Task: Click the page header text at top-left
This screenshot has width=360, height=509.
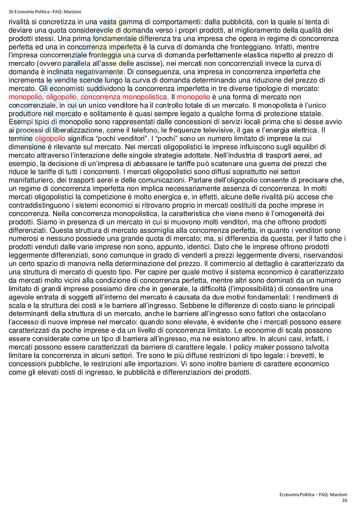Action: pos(45,12)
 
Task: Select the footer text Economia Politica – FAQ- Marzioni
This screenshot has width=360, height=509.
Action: pos(313,495)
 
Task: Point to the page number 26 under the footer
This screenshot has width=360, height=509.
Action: pos(345,500)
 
